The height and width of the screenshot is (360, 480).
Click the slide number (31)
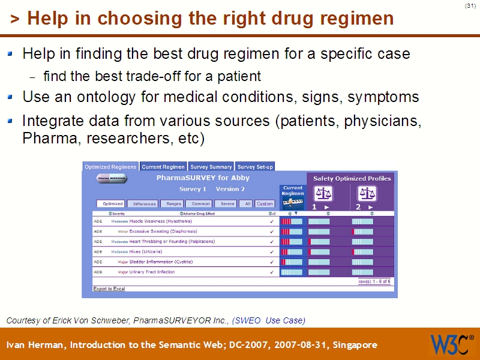(470, 6)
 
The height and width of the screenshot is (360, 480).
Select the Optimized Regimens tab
(110, 167)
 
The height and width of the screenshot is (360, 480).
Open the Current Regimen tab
(163, 167)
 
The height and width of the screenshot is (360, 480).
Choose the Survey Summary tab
(211, 167)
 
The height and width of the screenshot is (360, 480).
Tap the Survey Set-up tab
(255, 167)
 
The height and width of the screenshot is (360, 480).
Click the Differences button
(144, 204)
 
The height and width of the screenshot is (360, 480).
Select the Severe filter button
(227, 204)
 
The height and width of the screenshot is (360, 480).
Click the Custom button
(265, 204)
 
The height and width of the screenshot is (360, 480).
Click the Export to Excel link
(109, 289)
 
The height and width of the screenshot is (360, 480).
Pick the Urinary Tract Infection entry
(152, 272)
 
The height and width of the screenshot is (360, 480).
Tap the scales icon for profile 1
(323, 193)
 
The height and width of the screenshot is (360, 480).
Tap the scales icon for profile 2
(366, 193)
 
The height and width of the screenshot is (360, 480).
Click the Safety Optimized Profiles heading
(352, 178)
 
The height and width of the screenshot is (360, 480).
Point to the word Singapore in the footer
(354, 345)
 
